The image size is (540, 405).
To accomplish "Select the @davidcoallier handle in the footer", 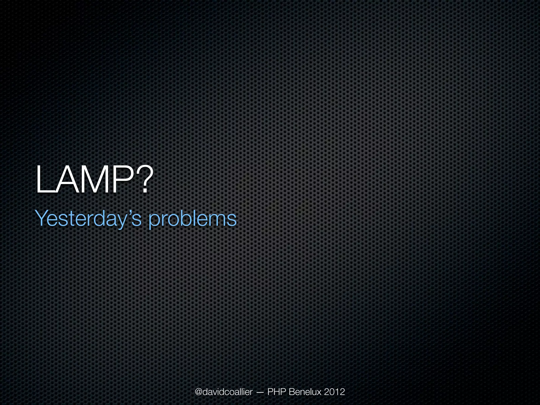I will tap(224, 392).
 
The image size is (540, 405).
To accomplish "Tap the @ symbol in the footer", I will tap(199, 392).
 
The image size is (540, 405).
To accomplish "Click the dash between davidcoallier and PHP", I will tap(259, 392).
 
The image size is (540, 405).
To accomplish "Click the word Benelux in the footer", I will tap(305, 392).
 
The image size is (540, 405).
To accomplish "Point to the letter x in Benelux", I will tap(319, 393).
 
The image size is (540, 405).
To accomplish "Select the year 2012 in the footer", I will tap(334, 392).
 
